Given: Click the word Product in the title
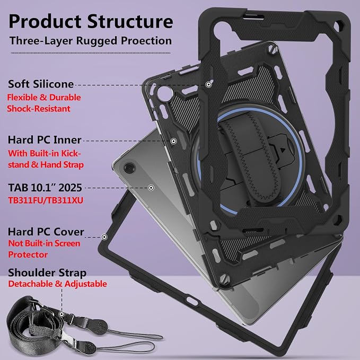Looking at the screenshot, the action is (45, 21).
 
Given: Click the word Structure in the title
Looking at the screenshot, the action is (130, 21).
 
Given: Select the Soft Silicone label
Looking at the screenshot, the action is (41, 84).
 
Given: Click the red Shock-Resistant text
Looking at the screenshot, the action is (39, 108).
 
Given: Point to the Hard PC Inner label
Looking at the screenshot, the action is (45, 140).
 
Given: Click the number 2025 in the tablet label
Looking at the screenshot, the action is (70, 188).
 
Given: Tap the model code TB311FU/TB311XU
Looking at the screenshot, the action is (46, 200).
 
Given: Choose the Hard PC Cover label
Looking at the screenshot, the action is (46, 232).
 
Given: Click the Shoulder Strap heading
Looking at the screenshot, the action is (47, 273).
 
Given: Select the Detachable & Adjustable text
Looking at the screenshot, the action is (58, 284).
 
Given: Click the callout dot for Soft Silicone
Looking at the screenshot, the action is (208, 84).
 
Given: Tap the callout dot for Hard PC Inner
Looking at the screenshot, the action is (173, 141).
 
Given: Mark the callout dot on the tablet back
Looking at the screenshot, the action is (151, 188).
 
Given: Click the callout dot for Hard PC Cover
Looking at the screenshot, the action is (104, 237).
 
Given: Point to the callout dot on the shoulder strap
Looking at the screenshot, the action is (62, 314).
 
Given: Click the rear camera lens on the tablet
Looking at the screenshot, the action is (129, 168).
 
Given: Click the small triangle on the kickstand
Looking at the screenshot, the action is (283, 151).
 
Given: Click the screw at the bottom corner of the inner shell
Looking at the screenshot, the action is (225, 279).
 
